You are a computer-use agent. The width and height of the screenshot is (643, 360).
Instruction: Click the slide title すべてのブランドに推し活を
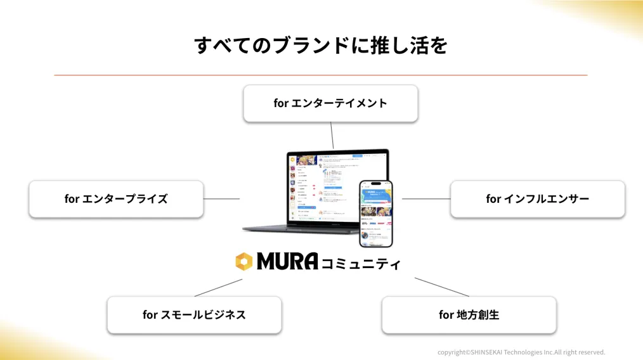(x=321, y=46)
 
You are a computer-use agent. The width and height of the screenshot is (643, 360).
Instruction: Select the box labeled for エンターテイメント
(x=330, y=103)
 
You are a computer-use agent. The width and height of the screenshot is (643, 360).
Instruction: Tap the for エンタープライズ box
(x=116, y=199)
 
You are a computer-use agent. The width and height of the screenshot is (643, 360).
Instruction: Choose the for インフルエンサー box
(x=537, y=199)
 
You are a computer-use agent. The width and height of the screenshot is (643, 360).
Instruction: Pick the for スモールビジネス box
(x=194, y=314)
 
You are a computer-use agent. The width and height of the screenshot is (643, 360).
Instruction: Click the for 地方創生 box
(x=469, y=314)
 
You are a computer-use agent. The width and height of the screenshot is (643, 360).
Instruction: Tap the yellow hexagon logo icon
(x=244, y=262)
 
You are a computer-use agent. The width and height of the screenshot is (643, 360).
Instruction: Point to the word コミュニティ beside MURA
(x=361, y=263)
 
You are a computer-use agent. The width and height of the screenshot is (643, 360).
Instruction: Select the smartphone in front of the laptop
(x=375, y=214)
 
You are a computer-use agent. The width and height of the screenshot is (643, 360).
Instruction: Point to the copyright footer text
(x=521, y=352)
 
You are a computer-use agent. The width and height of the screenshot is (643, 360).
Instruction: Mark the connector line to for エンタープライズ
(x=221, y=199)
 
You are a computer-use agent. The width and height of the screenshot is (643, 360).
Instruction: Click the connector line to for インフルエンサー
(x=425, y=199)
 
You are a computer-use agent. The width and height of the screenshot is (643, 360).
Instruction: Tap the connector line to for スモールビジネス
(x=218, y=288)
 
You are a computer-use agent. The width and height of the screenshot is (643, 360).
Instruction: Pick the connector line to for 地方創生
(x=441, y=287)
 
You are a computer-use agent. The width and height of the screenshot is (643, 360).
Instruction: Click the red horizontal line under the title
(x=321, y=75)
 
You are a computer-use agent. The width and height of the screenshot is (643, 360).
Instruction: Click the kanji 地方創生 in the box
(x=477, y=314)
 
